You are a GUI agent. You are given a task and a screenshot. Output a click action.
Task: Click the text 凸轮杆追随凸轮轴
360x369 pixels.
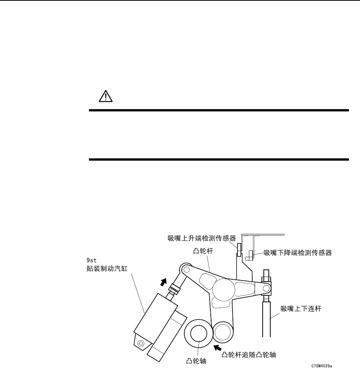[249, 355]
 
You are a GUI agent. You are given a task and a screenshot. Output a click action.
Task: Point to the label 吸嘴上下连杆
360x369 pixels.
[301, 309]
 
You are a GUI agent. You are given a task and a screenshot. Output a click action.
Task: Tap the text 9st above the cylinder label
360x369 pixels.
[91, 261]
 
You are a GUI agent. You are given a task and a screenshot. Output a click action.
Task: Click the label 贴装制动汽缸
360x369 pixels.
[107, 269]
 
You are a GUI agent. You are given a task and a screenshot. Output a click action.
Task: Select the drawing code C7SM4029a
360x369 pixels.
[321, 366]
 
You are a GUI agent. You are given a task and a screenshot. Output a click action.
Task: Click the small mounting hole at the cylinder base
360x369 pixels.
[141, 343]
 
